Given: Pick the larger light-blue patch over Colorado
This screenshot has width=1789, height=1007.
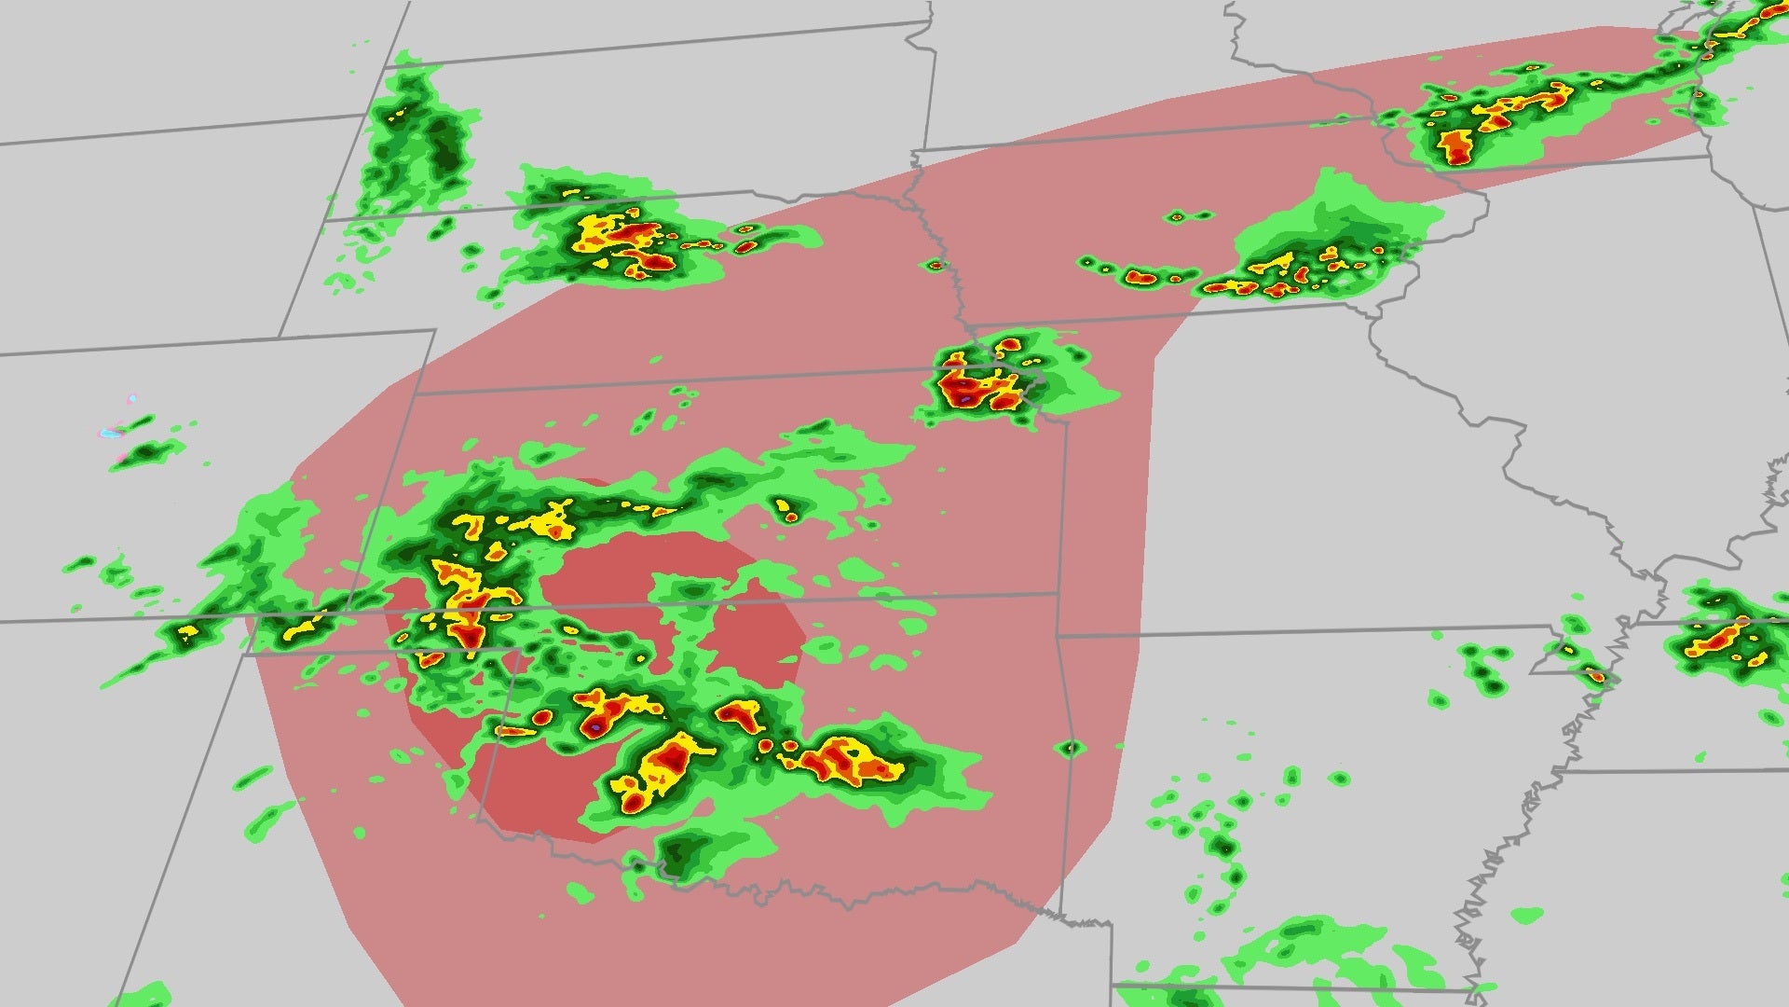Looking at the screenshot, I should pyautogui.click(x=111, y=433).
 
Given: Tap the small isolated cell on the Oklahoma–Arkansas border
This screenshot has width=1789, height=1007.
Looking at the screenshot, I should pyautogui.click(x=1071, y=747).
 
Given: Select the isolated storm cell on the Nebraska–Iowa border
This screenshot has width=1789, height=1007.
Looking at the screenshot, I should pyautogui.click(x=935, y=265).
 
